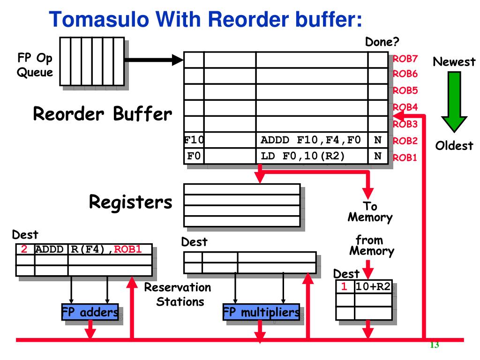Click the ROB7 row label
pos(405,59)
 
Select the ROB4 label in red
pos(405,107)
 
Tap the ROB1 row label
pos(405,157)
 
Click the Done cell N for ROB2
pos(378,140)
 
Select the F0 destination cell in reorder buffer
pos(194,156)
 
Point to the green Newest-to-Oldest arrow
pos(454,102)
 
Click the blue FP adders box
pos(90,312)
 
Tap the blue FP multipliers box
pos(261,312)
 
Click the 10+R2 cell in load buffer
pos(373,286)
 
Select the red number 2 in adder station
pos(24,249)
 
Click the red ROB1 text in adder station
pos(127,249)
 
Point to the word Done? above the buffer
pos(382,42)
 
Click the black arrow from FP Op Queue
pos(154,60)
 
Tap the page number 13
pos(435,345)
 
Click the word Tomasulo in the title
pos(99,19)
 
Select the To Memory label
pos(370,211)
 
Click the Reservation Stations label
pos(178,294)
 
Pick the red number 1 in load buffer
pos(344,286)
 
